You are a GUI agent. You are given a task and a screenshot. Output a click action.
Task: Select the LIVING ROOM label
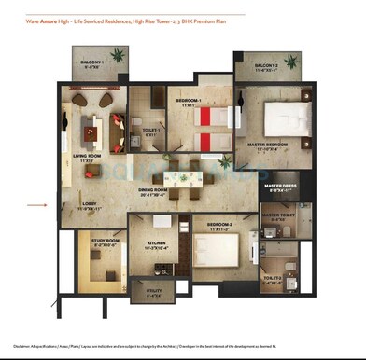click(x=89, y=158)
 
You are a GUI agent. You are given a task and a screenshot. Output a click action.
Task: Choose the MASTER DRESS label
click(x=279, y=187)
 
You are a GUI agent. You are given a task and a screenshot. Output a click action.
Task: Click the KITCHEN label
click(x=155, y=244)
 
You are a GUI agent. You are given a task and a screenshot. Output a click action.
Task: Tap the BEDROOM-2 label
click(x=214, y=226)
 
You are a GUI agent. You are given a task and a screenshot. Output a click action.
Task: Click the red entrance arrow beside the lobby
click(x=36, y=203)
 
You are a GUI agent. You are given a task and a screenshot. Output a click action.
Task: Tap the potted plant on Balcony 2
click(x=291, y=62)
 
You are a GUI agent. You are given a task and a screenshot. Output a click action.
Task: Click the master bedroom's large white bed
click(x=285, y=118)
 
